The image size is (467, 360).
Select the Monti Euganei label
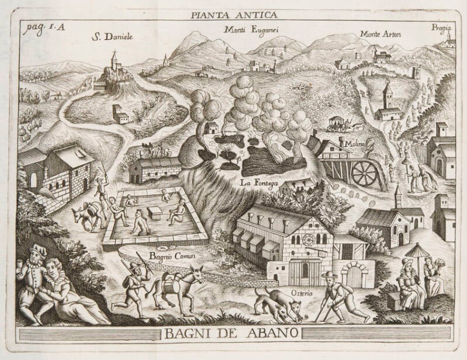tap(248, 29)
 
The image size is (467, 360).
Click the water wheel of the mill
tap(365, 174)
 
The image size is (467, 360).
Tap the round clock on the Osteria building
tap(308, 240)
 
